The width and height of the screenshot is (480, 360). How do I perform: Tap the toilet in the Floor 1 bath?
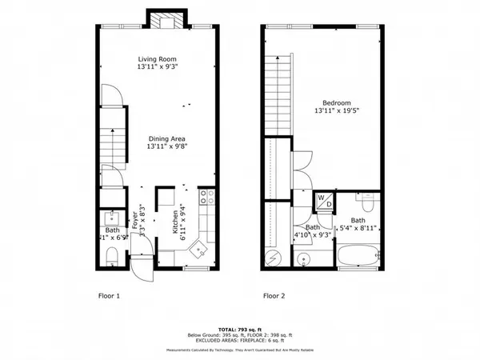click(112, 255)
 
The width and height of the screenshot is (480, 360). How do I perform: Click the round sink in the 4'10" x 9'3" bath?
click(303, 258)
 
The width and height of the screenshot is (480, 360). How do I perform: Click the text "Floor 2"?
click(277, 296)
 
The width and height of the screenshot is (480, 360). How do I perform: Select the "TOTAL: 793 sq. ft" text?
click(240, 329)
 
